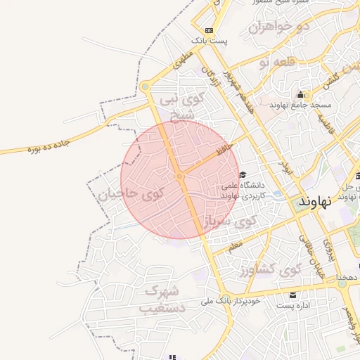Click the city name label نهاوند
(x=314, y=202)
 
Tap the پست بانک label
(x=212, y=42)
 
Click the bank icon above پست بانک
(x=209, y=30)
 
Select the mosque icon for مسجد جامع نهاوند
(x=302, y=95)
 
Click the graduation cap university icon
(x=243, y=175)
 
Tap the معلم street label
(x=234, y=245)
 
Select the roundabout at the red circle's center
(x=180, y=176)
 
